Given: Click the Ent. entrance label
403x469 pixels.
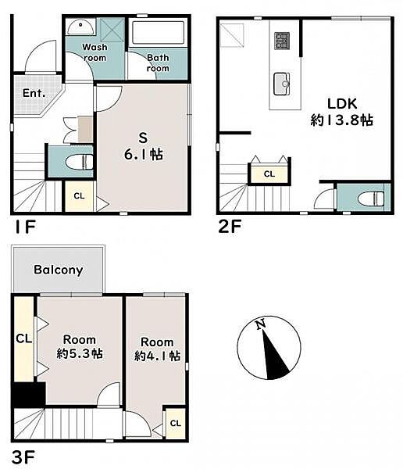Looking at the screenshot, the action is pyautogui.click(x=34, y=93).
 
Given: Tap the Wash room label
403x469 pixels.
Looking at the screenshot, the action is pyautogui.click(x=95, y=52).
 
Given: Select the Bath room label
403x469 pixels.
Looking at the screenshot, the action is pyautogui.click(x=158, y=63).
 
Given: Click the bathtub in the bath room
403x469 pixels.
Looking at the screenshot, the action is pyautogui.click(x=158, y=32).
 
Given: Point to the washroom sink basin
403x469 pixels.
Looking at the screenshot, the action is pyautogui.click(x=80, y=27).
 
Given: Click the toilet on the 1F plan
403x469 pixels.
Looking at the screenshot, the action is pyautogui.click(x=79, y=162).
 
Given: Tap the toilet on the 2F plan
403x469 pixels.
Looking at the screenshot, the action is pyautogui.click(x=371, y=199).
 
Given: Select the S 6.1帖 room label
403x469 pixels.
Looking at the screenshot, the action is pyautogui.click(x=144, y=146).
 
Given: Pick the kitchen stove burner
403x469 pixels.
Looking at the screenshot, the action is pyautogui.click(x=282, y=41).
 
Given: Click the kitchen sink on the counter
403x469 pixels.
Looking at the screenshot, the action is pyautogui.click(x=282, y=84).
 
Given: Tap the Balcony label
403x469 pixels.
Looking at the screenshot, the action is pyautogui.click(x=59, y=270).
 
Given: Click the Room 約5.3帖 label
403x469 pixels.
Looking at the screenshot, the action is pyautogui.click(x=80, y=347).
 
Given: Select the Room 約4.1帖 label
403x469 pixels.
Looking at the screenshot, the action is pyautogui.click(x=157, y=349).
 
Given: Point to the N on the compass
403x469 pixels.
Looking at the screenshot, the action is pyautogui.click(x=260, y=324).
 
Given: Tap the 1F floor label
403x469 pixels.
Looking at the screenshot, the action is pyautogui.click(x=25, y=227).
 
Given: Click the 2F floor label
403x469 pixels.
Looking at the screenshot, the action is pyautogui.click(x=230, y=227).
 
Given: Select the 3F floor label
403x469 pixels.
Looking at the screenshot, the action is pyautogui.click(x=23, y=457).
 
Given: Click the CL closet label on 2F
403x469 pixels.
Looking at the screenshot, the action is pyautogui.click(x=269, y=174).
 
